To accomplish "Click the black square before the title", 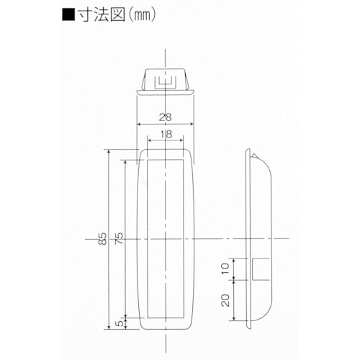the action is click(x=68, y=15).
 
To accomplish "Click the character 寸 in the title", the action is click(x=85, y=15).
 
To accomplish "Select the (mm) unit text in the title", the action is click(x=142, y=15).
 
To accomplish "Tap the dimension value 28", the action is click(x=166, y=117).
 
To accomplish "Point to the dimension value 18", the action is click(x=166, y=134).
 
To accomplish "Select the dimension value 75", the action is click(x=120, y=238).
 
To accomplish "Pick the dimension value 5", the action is click(x=120, y=323).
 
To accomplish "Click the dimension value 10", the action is click(x=225, y=269).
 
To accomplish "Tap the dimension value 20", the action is click(x=225, y=300).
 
